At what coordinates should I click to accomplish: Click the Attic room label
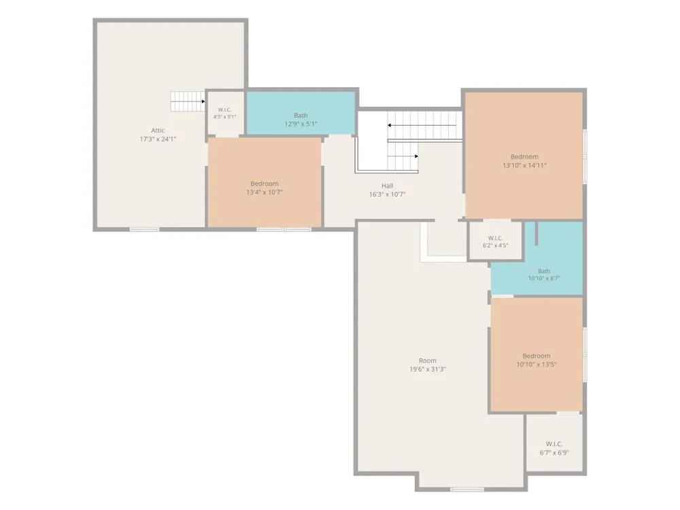click(x=158, y=130)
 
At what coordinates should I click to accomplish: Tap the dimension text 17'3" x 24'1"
click(x=158, y=139)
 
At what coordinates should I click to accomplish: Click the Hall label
click(x=388, y=186)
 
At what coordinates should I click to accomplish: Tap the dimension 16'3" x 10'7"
click(x=388, y=194)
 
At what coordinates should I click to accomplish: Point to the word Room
click(x=428, y=360)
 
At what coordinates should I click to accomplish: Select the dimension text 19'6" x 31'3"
click(x=428, y=369)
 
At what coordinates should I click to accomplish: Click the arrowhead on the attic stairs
click(x=203, y=101)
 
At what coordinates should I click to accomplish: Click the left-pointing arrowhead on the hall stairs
click(x=390, y=125)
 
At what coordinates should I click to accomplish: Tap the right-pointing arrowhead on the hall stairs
click(x=417, y=156)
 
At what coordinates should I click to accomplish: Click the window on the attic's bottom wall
click(x=144, y=229)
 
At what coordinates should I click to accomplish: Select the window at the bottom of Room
click(x=467, y=489)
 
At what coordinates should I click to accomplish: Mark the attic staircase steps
click(x=188, y=101)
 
